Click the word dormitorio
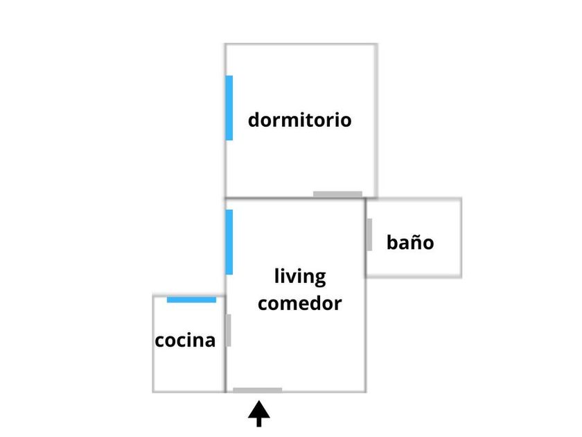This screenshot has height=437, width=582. [x=299, y=120]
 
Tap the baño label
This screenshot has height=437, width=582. [x=410, y=243]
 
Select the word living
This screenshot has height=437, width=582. [x=299, y=276]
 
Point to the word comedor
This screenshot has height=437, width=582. [x=299, y=303]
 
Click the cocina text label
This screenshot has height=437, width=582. [x=185, y=341]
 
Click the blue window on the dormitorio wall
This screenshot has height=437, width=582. [x=229, y=108]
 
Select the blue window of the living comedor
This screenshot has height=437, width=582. [x=229, y=242]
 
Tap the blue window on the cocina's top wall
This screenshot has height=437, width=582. [x=191, y=300]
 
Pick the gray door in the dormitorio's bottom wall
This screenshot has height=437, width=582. [x=337, y=194]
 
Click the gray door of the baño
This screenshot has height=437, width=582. [x=369, y=234]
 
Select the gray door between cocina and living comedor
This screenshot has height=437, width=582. [x=228, y=330]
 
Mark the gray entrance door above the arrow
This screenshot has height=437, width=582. [x=257, y=390]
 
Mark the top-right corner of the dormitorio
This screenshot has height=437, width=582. [x=376, y=44]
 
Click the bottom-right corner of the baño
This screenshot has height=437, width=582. [x=461, y=277]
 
